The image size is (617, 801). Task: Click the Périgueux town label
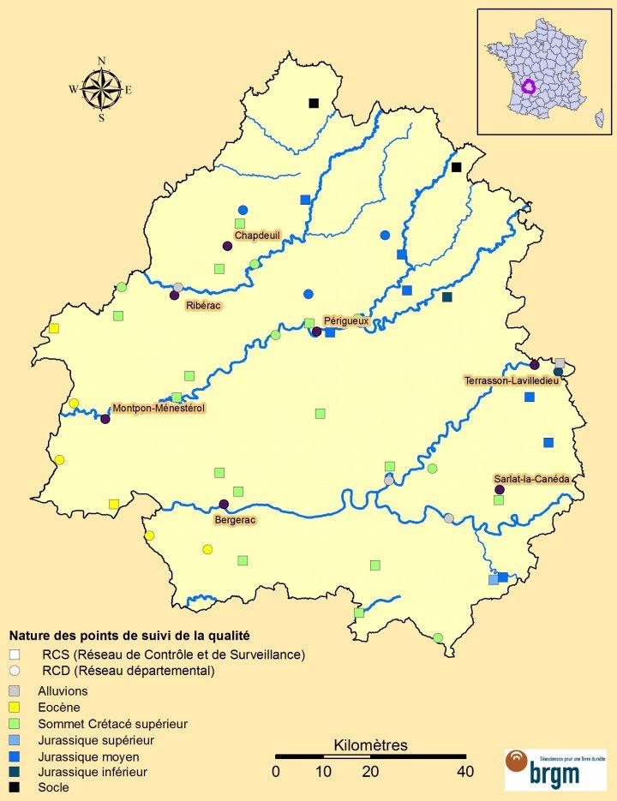coord(346,321)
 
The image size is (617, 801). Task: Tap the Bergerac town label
coord(235,519)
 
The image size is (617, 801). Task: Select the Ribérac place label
coord(201,305)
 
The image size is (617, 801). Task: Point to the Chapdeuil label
coord(257,235)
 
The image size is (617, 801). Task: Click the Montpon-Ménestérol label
coord(159,409)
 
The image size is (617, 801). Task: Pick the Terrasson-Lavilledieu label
coord(512,380)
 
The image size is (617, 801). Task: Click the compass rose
coord(101,88)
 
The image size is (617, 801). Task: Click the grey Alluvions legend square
coord(15,690)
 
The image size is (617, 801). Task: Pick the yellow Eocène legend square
coord(15,707)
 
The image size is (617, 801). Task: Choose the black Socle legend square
coord(15,787)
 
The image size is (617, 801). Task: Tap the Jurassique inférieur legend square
coord(15,771)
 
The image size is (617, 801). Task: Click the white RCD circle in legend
coord(15,671)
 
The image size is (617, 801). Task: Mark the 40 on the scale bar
coord(465,771)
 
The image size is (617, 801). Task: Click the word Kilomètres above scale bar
coord(370,744)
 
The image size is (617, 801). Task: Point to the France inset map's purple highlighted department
coord(529,87)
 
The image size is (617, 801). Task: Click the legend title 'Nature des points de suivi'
coord(129,636)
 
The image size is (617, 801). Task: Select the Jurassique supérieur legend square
coord(15,739)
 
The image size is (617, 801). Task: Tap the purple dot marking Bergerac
coord(224,505)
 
